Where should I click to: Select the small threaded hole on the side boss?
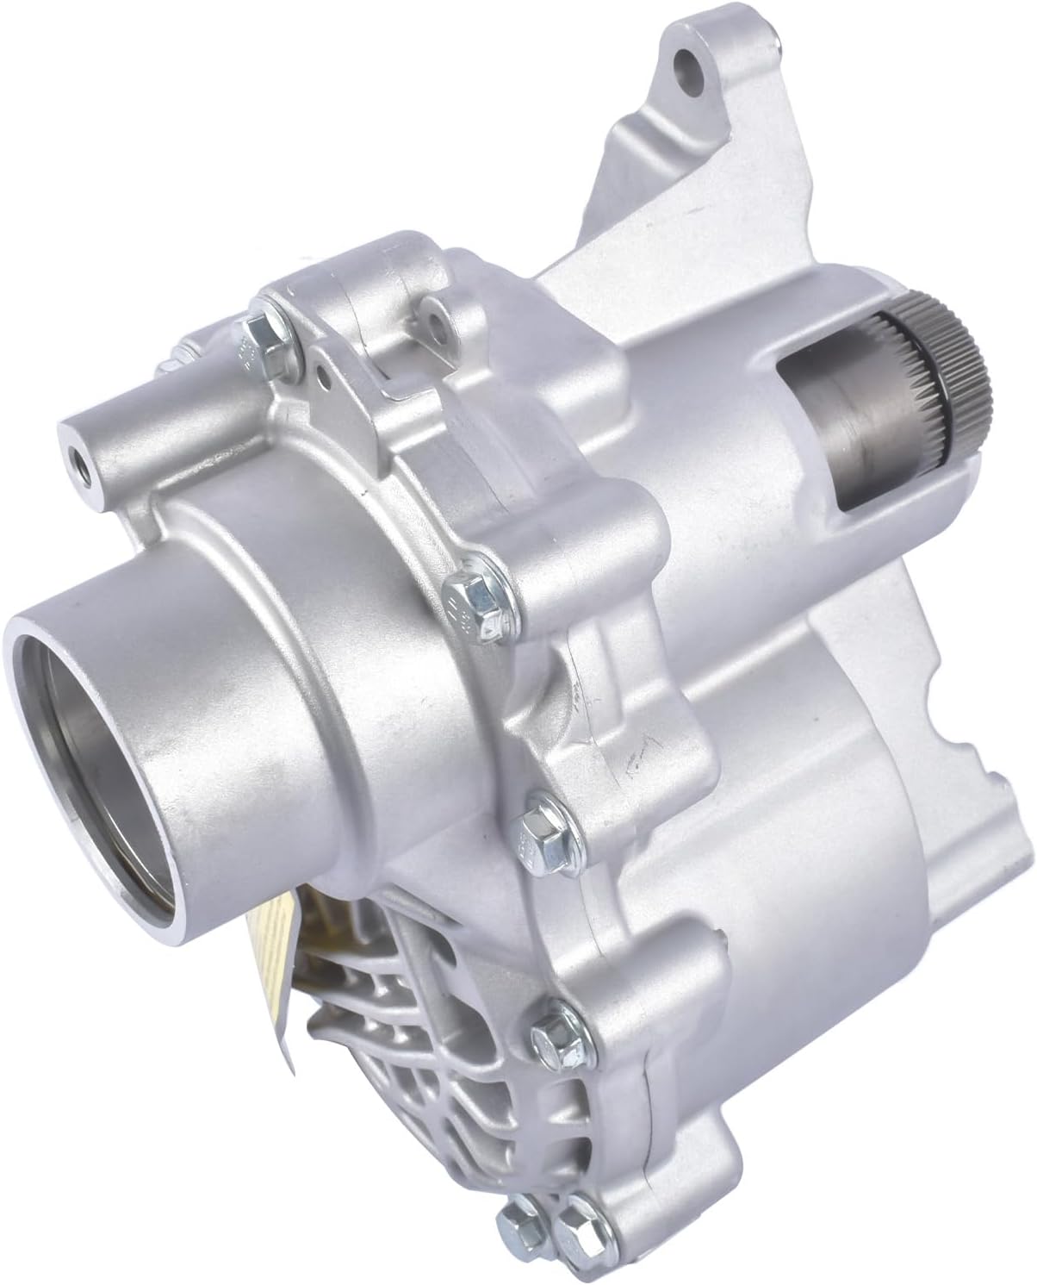75,452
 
